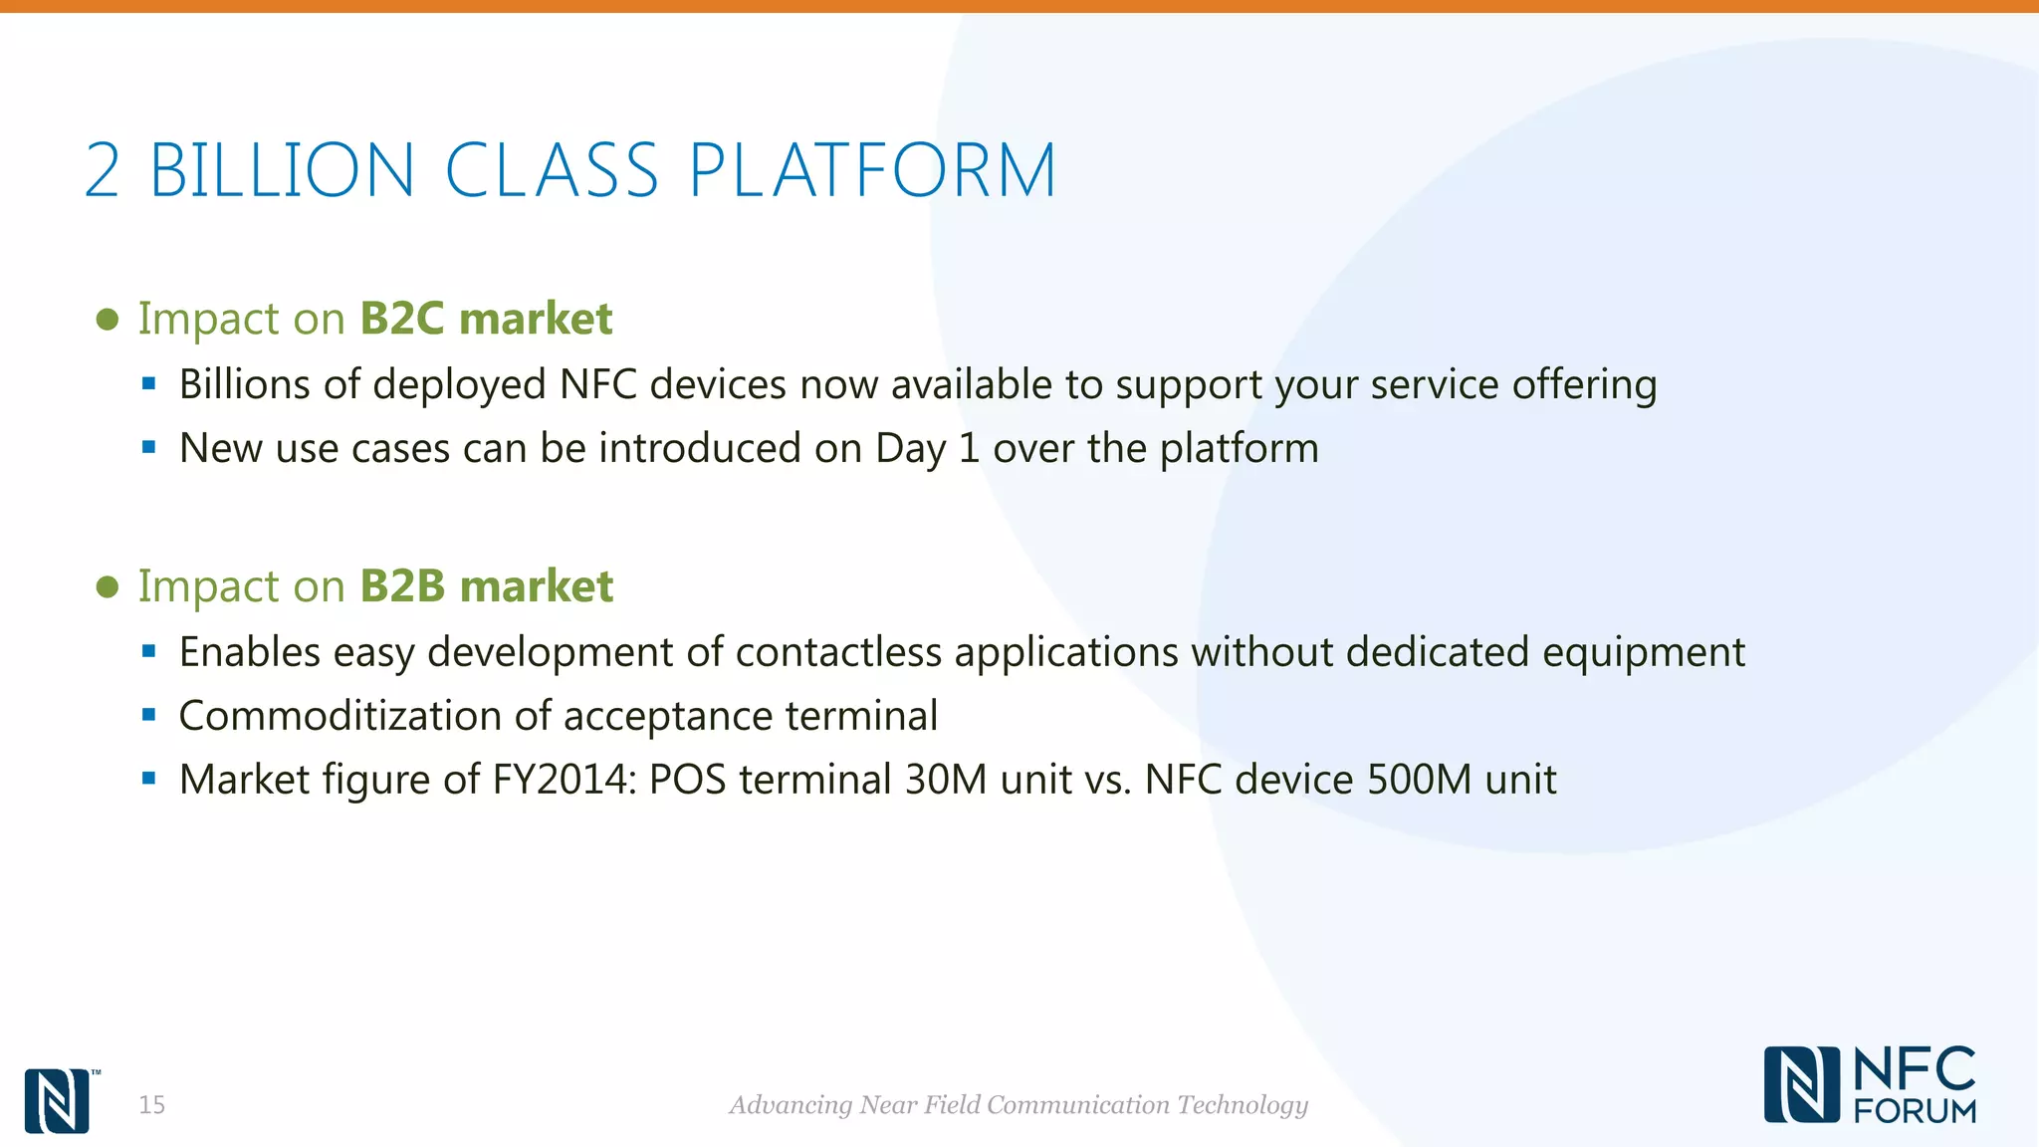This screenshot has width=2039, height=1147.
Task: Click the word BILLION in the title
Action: [282, 170]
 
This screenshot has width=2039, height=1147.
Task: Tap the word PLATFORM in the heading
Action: [872, 170]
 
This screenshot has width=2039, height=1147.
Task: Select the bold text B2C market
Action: [486, 319]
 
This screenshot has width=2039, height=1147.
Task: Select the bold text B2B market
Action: [486, 586]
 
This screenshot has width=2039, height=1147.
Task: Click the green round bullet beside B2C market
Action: [108, 320]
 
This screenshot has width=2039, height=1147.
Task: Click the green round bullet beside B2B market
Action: [108, 587]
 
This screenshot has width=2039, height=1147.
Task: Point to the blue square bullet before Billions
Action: [149, 383]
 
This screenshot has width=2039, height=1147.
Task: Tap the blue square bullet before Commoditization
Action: [149, 715]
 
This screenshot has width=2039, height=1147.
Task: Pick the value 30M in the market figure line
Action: [945, 780]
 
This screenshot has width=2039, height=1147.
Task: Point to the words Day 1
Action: [927, 449]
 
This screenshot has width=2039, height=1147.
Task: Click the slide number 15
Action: [151, 1105]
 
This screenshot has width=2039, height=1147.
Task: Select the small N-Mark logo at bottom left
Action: [57, 1101]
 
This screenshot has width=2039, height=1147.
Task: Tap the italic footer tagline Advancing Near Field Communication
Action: [1019, 1105]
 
